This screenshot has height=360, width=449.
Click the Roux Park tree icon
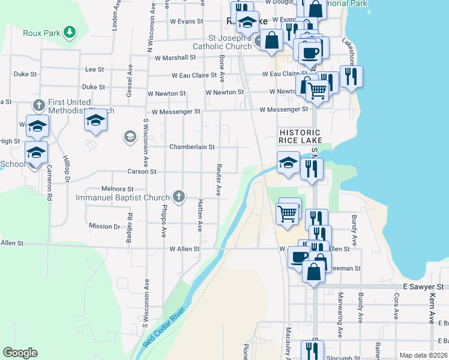point(70,32)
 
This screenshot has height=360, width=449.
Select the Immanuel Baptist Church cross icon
point(178,196)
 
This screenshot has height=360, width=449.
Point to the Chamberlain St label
point(191,147)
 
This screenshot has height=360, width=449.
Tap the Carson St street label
point(142,172)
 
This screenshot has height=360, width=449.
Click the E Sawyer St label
point(423,287)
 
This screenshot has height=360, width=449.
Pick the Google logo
point(20,353)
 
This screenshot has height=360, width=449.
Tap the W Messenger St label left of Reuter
point(176,112)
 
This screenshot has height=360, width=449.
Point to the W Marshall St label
point(175,58)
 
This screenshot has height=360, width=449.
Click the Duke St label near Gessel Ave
point(94,87)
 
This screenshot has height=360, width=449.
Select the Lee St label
point(95,70)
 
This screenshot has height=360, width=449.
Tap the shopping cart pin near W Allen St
point(288,212)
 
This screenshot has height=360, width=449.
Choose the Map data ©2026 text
point(423,355)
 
